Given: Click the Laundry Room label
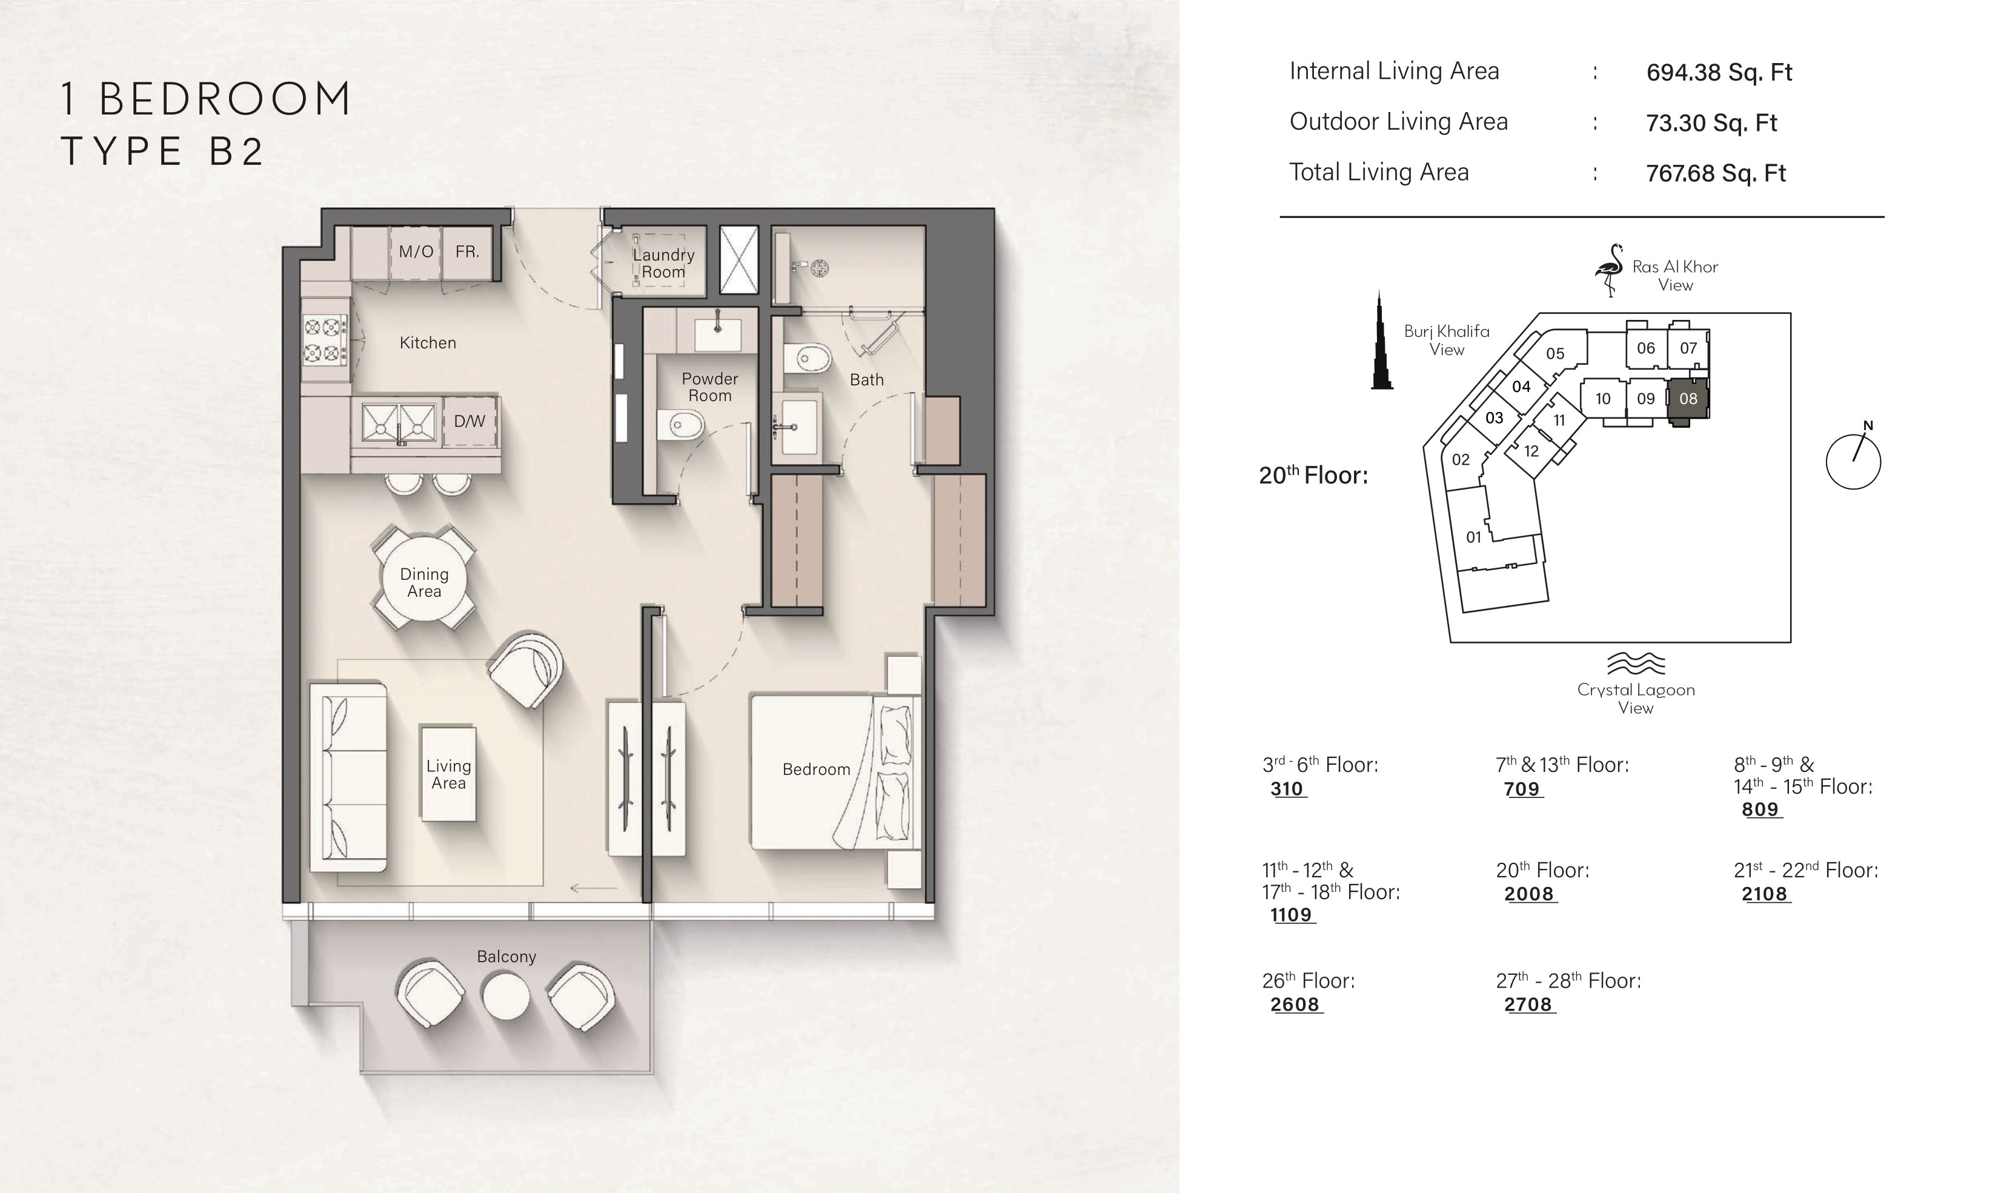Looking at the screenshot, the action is (x=663, y=264).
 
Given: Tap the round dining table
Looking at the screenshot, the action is (x=423, y=583).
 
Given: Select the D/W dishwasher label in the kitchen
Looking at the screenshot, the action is (x=469, y=420).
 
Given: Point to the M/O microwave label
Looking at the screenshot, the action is (x=416, y=251).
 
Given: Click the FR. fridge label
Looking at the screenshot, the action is (x=467, y=251).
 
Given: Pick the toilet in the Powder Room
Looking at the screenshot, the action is (x=680, y=425).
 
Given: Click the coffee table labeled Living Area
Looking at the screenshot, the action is (x=448, y=773).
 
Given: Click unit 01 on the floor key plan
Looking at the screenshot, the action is (x=1473, y=537).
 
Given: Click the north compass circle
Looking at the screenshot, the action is (x=1853, y=462).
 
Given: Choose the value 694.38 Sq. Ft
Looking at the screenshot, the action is (x=1719, y=72).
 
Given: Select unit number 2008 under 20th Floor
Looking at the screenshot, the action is (x=1529, y=894).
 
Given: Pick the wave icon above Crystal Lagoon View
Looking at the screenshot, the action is (x=1636, y=663).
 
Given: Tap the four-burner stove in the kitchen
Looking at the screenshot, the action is (x=325, y=340).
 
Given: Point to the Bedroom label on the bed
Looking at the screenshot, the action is (x=817, y=769).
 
